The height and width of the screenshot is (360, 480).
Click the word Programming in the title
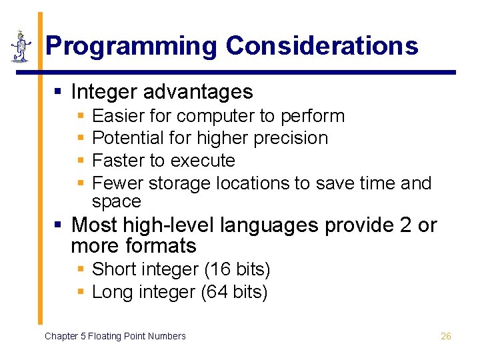click(131, 46)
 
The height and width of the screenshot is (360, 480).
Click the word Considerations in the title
click(321, 46)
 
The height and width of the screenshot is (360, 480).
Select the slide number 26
click(446, 336)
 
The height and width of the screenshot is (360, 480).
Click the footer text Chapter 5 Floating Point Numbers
click(115, 336)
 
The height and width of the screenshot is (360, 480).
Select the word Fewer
click(118, 183)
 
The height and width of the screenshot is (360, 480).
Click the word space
click(117, 201)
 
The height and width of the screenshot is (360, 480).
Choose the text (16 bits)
click(237, 270)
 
